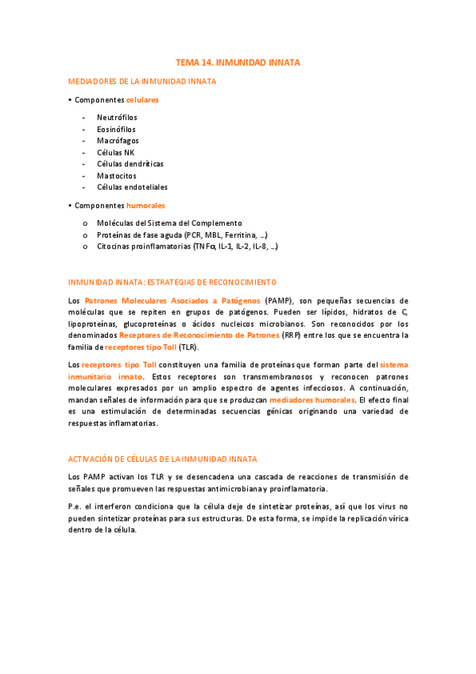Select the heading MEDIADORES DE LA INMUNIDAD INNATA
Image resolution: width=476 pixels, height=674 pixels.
click(x=142, y=81)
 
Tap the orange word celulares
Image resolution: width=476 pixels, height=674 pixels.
click(x=142, y=100)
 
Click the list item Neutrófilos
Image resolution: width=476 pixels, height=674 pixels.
click(x=117, y=118)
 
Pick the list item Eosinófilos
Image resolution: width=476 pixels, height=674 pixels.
click(x=116, y=129)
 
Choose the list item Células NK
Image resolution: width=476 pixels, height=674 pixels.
click(x=116, y=153)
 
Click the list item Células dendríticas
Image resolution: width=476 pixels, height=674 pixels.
click(x=130, y=164)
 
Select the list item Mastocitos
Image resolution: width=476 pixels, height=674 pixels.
click(x=117, y=176)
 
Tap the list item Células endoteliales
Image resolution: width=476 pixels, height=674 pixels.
click(x=132, y=188)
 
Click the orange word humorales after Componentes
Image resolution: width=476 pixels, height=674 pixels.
click(x=146, y=206)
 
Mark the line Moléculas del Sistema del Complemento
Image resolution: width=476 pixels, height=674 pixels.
click(x=169, y=223)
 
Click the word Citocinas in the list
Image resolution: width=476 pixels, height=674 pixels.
click(x=113, y=247)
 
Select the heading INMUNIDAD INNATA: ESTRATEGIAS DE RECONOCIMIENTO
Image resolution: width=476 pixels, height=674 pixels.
click(x=172, y=282)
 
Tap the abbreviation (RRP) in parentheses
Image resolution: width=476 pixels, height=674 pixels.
click(x=293, y=335)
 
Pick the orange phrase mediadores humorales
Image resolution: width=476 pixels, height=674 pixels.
click(x=312, y=400)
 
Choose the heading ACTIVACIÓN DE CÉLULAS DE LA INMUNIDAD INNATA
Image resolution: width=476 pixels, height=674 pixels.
click(x=163, y=459)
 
